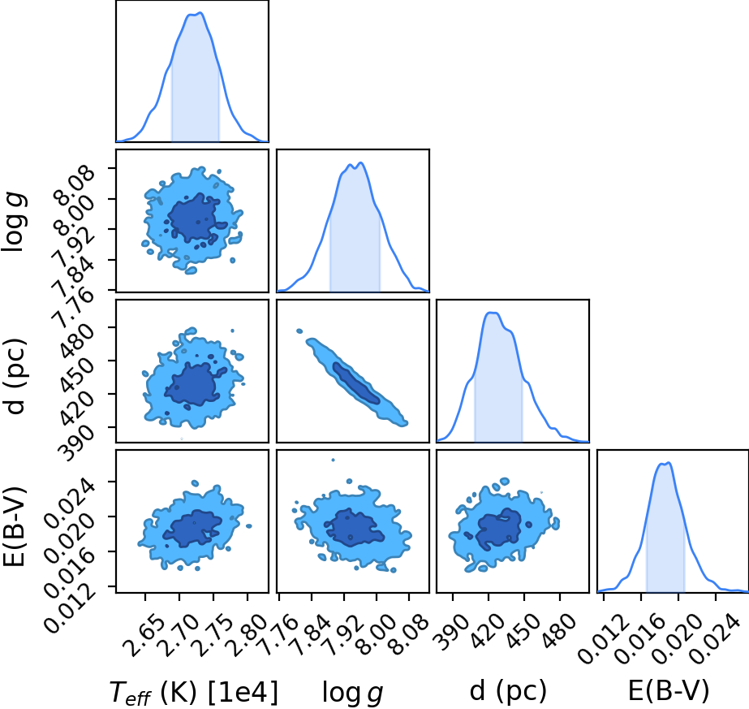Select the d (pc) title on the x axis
point(508,691)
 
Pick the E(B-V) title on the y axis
point(14,526)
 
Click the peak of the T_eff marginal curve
point(200,12)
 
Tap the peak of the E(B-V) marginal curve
point(669,462)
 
